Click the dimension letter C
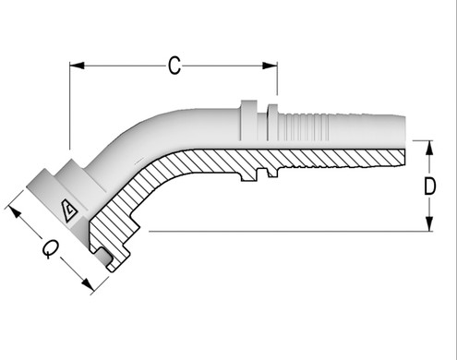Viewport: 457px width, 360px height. coord(174,66)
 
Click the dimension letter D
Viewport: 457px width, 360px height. coord(429,186)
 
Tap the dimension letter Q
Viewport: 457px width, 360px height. coord(52,248)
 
